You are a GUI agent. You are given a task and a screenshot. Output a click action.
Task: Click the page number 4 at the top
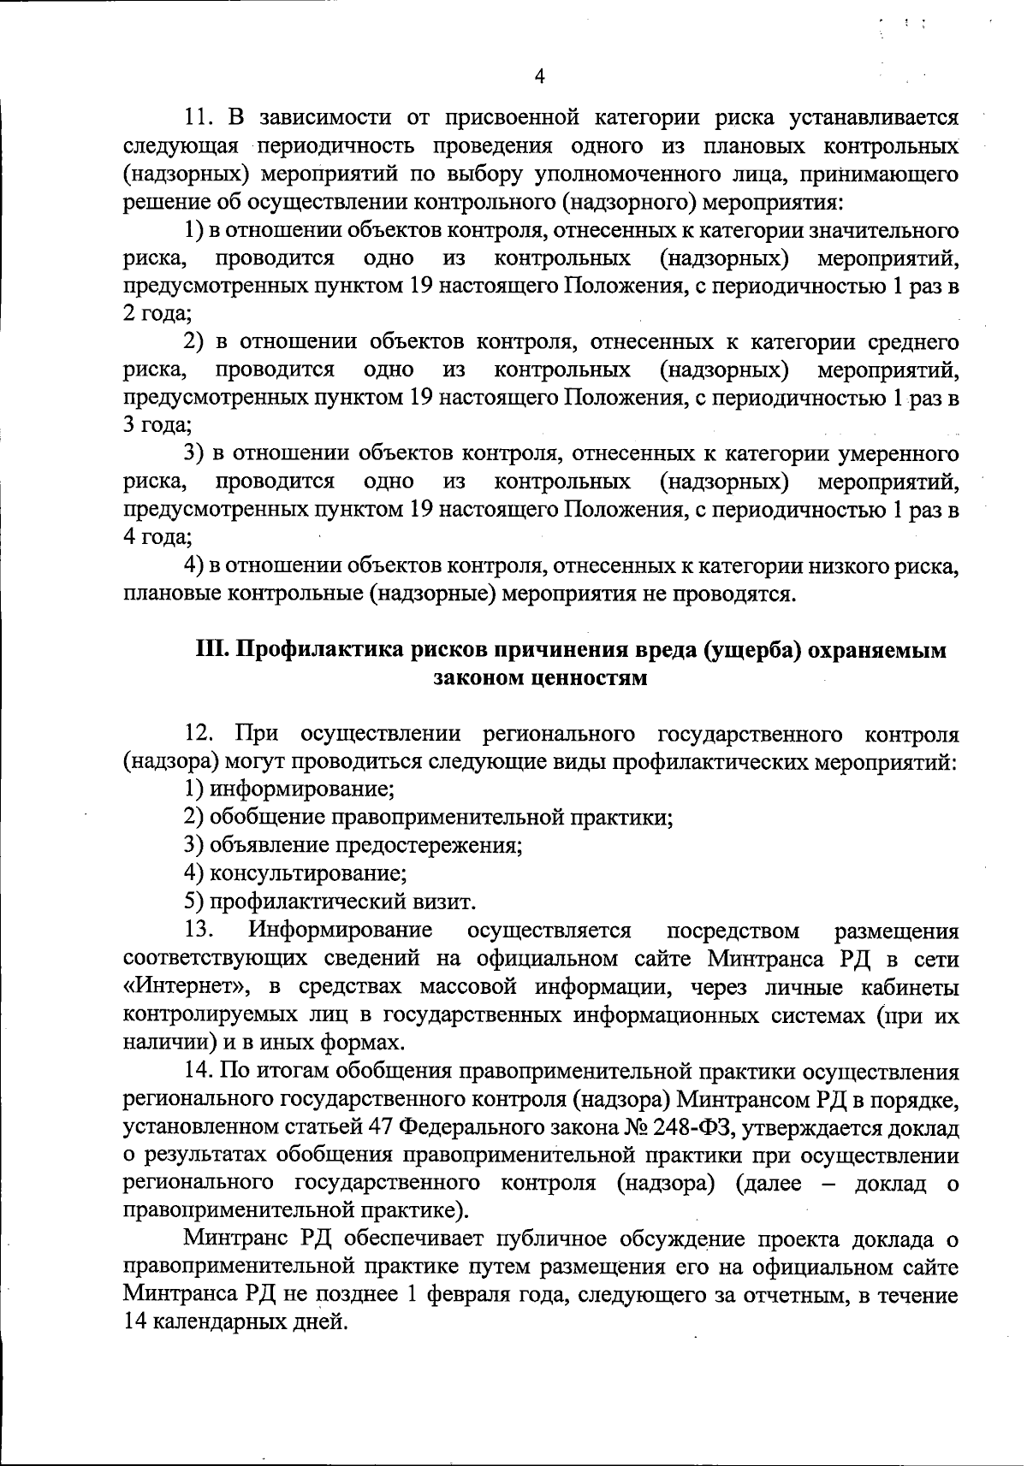[538, 77]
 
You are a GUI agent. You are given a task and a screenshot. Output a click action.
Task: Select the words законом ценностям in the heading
[539, 678]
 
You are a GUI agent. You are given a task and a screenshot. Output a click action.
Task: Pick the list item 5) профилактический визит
[330, 901]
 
